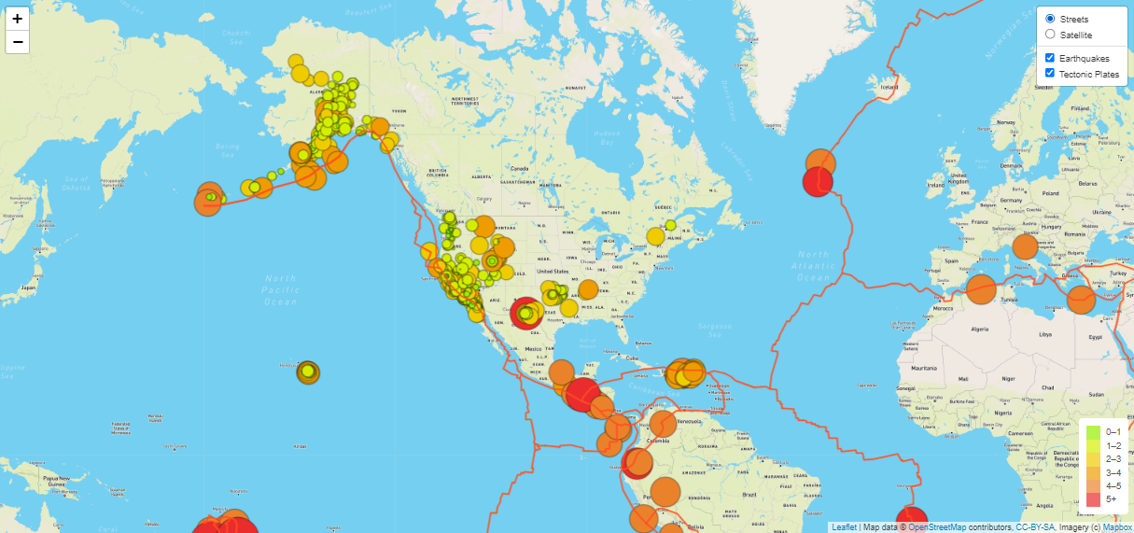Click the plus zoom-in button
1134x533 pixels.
[18, 18]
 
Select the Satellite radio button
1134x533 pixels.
[1050, 35]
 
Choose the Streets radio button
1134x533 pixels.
[1050, 19]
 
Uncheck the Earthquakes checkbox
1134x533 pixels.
[1050, 58]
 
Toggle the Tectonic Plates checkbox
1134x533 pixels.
[1050, 74]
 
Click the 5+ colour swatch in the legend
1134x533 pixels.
[1094, 499]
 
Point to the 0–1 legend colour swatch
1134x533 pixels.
[1094, 432]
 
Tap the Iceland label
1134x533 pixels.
[889, 88]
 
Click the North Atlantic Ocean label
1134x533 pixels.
[812, 266]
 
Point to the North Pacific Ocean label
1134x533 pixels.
[280, 289]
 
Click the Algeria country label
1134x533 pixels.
[980, 330]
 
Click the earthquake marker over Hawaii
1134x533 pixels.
[308, 372]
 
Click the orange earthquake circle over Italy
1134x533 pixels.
[1025, 246]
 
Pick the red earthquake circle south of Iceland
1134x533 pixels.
[818, 182]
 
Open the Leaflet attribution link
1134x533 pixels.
[844, 527]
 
